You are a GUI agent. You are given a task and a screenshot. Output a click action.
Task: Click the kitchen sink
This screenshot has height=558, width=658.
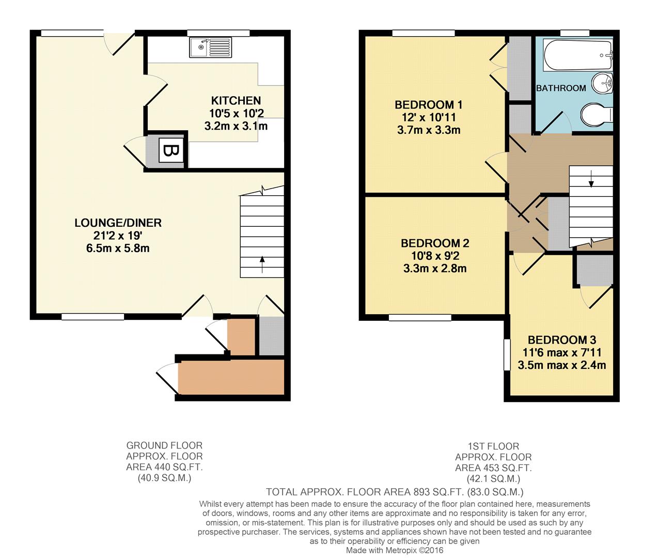[x=211, y=48]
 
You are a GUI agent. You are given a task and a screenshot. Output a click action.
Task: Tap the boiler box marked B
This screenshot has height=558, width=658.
[x=170, y=151]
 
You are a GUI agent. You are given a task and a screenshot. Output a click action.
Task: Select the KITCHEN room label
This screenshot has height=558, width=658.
[x=236, y=100]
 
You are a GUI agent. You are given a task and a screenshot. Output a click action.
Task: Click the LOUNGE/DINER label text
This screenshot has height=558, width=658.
[x=118, y=223]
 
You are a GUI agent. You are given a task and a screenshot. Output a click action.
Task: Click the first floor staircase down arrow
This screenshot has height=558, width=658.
[x=591, y=179]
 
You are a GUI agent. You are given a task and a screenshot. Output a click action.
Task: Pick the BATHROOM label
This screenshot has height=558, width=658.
[x=561, y=88]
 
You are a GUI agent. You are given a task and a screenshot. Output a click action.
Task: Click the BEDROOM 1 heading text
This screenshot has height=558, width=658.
[x=429, y=105]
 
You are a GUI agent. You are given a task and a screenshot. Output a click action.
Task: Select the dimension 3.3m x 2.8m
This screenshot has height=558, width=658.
[x=435, y=269]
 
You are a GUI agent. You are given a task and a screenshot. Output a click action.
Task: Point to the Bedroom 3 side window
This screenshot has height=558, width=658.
[x=506, y=354]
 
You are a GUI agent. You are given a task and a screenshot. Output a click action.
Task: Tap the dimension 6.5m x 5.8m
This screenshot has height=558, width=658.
[x=118, y=249]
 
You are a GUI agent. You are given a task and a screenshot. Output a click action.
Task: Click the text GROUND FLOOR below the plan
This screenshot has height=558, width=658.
[x=164, y=445]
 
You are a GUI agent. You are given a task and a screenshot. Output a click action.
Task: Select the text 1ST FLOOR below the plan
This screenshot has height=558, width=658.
[x=493, y=446]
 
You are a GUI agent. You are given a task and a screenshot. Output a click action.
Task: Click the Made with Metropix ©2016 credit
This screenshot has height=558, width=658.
[x=395, y=551]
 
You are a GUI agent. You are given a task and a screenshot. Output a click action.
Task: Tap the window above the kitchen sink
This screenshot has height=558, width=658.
[x=218, y=34]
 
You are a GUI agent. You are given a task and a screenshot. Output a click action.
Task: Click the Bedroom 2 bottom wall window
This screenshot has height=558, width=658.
[x=420, y=317]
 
